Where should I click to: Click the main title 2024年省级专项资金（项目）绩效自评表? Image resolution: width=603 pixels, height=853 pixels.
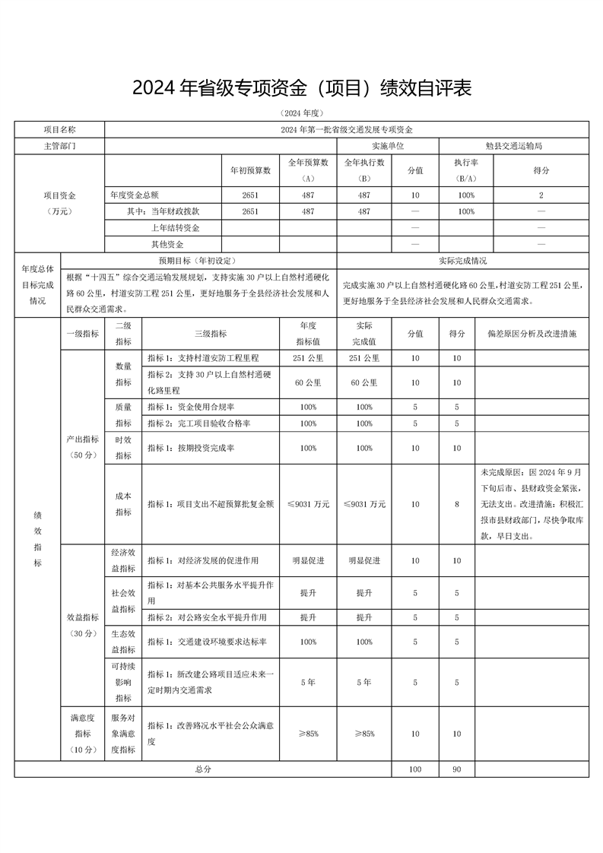coord(302,89)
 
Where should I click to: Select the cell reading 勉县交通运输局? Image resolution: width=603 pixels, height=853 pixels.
coord(513,145)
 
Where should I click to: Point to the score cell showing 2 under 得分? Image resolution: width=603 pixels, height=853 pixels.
coord(541,195)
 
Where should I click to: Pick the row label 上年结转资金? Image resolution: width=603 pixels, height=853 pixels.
coord(175,228)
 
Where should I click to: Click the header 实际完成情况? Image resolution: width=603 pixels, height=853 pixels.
coord(462,260)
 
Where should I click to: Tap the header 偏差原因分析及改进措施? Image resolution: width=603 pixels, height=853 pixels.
coord(532,333)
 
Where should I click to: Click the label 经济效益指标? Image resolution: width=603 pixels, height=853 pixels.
coord(123,560)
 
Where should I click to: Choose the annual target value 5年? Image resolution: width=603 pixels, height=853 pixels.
coord(308,682)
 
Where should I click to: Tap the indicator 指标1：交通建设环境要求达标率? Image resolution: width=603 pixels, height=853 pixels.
coord(207,642)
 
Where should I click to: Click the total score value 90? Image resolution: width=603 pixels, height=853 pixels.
coord(456,769)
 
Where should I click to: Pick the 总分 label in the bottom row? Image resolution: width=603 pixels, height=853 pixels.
coord(203,769)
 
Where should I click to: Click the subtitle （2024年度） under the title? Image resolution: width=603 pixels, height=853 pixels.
coord(302,113)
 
